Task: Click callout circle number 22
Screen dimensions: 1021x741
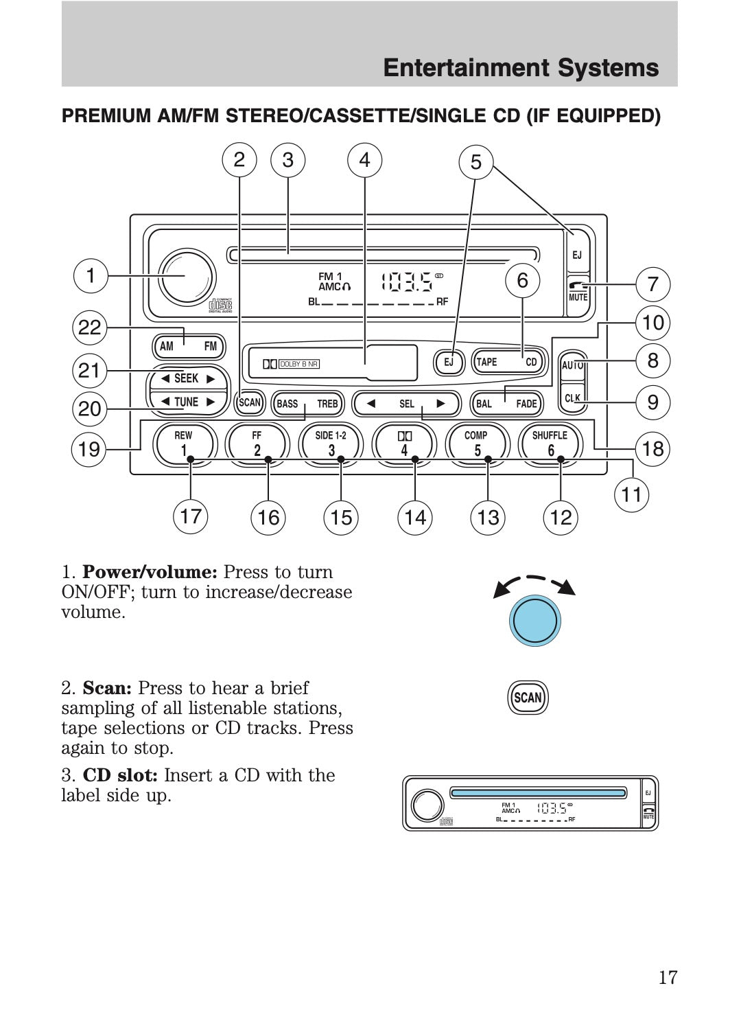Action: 89,328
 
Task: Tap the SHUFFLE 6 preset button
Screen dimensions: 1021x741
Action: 550,442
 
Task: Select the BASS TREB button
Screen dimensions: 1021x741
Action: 307,403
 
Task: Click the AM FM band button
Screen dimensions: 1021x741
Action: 188,346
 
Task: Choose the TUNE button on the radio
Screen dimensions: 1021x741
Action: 187,402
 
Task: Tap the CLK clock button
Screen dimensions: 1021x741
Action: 572,399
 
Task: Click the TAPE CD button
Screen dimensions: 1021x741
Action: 508,362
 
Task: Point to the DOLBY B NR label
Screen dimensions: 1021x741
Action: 299,364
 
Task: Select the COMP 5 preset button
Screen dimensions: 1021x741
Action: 477,442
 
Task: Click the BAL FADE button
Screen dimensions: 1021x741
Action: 506,403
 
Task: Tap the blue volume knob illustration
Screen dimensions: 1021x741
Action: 534,621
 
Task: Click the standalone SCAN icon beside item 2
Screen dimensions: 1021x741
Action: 528,698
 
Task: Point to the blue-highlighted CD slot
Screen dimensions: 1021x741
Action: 538,793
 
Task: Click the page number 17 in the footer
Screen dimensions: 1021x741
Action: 667,977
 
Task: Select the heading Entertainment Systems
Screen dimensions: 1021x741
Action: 521,67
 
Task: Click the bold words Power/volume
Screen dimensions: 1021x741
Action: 150,572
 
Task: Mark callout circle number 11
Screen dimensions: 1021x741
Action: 631,494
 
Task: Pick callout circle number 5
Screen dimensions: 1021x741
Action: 475,162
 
